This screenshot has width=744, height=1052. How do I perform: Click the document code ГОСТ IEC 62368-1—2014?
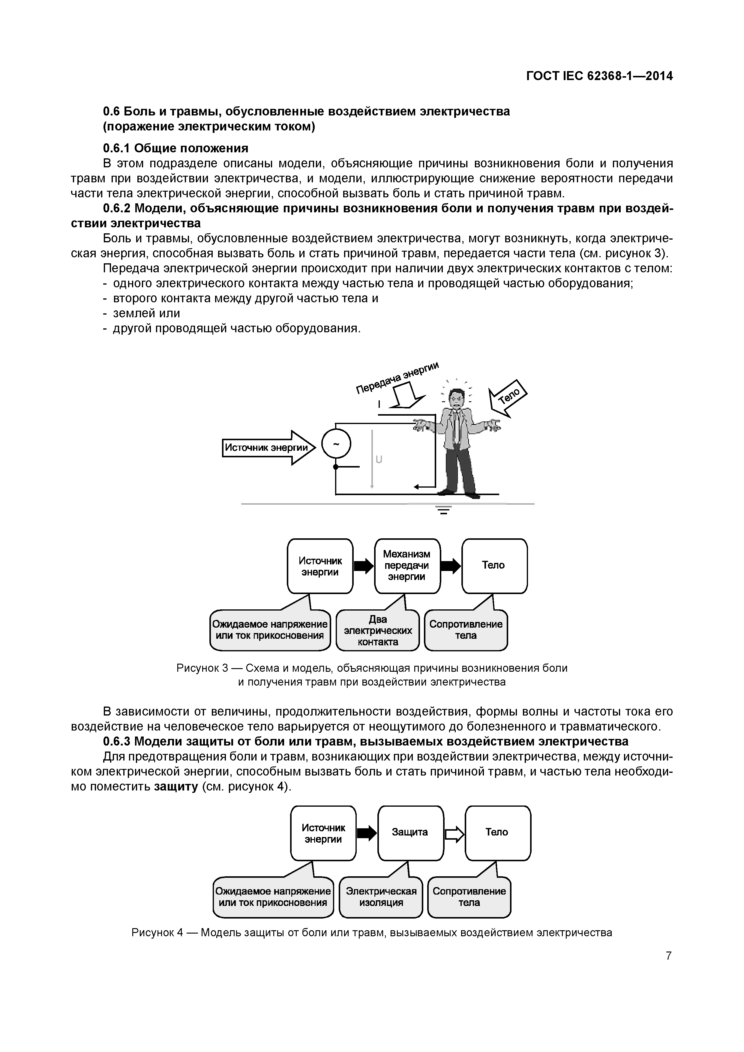[599, 76]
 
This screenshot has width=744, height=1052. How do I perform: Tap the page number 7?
[669, 956]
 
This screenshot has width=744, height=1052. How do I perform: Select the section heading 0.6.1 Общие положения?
[175, 148]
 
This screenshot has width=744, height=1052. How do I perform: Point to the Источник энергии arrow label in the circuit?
[266, 447]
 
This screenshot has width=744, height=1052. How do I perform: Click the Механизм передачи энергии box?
[407, 566]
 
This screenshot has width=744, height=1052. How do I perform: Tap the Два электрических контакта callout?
[378, 630]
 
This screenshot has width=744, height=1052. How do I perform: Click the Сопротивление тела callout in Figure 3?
[466, 630]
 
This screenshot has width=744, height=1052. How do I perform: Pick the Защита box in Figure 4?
[410, 832]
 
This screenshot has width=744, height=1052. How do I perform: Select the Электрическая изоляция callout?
[381, 897]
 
